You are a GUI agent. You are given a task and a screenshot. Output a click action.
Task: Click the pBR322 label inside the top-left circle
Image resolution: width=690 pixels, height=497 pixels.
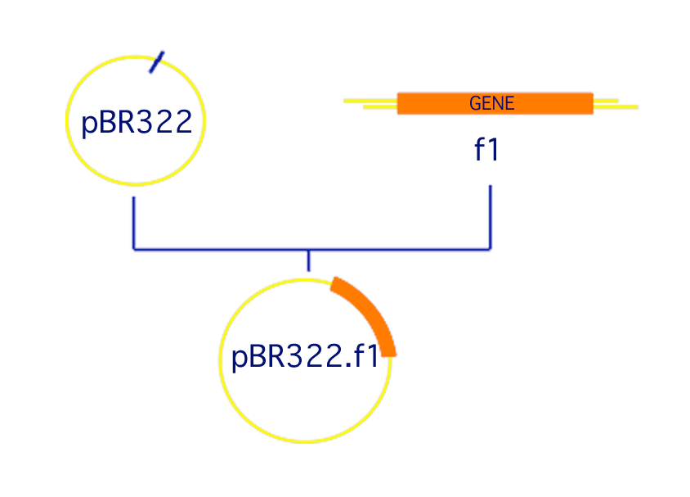(137, 123)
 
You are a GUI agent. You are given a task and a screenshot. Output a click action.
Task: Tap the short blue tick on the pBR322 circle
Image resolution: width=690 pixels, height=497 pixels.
(157, 62)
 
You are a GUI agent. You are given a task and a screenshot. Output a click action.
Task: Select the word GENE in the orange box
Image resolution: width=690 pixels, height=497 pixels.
(491, 103)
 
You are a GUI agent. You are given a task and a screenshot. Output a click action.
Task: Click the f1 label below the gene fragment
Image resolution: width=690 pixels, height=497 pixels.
(486, 151)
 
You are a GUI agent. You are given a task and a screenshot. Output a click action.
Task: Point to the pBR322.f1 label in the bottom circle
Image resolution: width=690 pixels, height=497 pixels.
(305, 358)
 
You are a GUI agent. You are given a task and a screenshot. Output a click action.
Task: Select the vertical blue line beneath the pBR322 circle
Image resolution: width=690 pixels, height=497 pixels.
(134, 221)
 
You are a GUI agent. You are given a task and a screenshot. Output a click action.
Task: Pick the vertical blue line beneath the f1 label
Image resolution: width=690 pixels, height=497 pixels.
(491, 217)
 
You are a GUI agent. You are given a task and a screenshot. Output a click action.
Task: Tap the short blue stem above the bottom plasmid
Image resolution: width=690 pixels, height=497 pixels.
(308, 260)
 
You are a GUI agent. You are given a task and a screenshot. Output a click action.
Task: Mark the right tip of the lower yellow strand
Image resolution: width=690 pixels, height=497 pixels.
(635, 106)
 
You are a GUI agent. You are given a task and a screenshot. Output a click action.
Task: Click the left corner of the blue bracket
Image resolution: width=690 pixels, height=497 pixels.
(134, 248)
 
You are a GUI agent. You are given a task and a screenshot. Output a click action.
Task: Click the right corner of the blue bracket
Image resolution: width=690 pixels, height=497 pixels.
(491, 248)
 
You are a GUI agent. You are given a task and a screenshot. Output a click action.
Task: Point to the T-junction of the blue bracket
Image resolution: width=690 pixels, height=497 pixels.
(308, 249)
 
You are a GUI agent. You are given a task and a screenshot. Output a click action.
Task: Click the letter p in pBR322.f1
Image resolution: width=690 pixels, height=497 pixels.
(240, 360)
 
